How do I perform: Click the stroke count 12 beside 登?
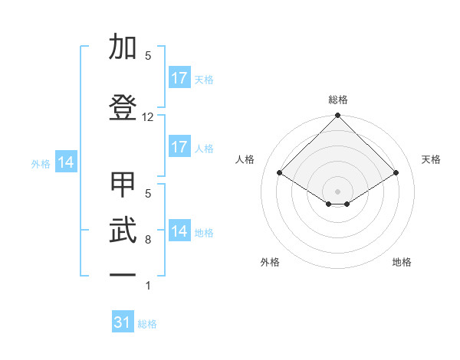[148, 117]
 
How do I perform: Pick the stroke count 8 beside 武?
[148, 240]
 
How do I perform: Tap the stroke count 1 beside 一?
[148, 286]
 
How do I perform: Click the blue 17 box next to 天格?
[179, 78]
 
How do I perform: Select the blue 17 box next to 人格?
[179, 147]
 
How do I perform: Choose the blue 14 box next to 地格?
[179, 231]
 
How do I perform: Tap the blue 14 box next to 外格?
[66, 162]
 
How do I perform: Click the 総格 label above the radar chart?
[338, 100]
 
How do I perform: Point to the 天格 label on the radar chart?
[431, 159]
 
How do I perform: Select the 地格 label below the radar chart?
[402, 262]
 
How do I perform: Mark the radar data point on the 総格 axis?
[337, 116]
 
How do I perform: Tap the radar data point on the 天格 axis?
[396, 172]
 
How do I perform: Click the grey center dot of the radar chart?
[337, 191]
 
